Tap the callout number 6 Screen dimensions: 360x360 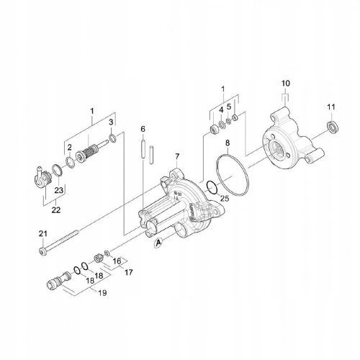[143, 129]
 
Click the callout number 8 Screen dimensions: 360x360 [228, 144]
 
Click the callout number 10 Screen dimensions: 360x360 [284, 84]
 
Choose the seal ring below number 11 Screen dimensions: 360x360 [332, 127]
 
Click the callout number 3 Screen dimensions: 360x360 [112, 123]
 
